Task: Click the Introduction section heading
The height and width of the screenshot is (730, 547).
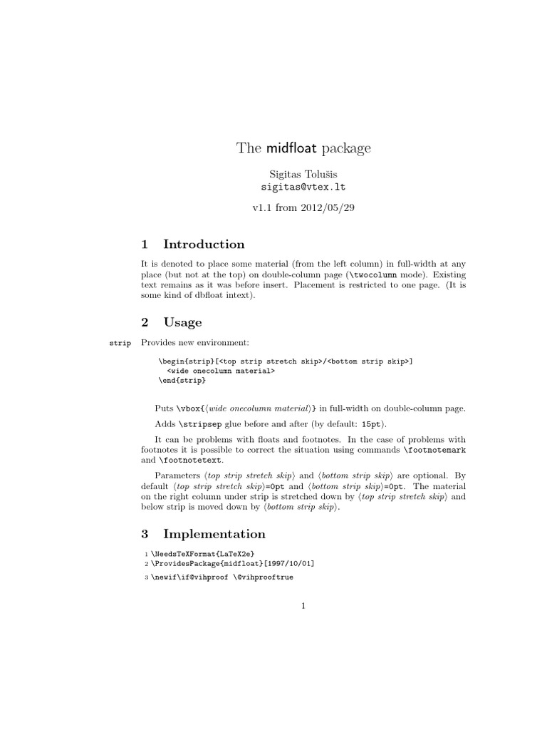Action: coord(204,245)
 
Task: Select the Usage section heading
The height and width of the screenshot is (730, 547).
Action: coord(182,322)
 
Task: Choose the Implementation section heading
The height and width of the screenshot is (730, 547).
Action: coord(214,534)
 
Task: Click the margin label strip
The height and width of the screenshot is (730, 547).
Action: coord(120,344)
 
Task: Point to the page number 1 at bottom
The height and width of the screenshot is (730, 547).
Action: coord(303,607)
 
